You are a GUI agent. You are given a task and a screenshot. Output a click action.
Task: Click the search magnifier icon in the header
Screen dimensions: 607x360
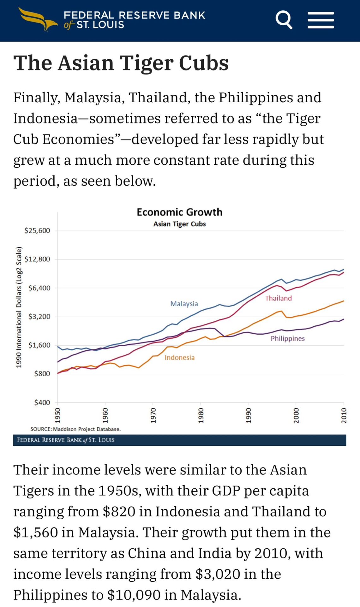click(284, 20)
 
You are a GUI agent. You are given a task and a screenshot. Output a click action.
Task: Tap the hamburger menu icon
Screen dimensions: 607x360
click(321, 20)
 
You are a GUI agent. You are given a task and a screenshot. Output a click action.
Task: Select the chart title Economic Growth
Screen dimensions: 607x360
click(179, 212)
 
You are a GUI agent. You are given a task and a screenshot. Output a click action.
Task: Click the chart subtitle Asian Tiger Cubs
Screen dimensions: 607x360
click(179, 224)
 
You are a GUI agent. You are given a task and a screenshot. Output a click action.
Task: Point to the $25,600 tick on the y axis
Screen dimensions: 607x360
click(37, 231)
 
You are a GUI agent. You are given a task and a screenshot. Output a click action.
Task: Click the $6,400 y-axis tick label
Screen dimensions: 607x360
click(39, 288)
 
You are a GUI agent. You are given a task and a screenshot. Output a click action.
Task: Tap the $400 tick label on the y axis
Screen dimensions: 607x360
click(42, 402)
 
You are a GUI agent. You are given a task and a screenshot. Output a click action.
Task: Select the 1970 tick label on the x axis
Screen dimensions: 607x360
click(153, 415)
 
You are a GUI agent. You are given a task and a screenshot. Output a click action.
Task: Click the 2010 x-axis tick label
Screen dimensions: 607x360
click(344, 415)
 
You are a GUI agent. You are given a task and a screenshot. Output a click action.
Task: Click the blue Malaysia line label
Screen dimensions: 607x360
click(184, 304)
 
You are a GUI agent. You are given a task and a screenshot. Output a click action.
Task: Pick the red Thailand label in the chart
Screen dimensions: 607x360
click(278, 298)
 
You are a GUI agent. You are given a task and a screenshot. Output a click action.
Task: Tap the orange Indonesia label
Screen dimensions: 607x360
click(179, 358)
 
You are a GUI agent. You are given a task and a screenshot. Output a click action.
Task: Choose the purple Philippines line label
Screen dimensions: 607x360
click(287, 338)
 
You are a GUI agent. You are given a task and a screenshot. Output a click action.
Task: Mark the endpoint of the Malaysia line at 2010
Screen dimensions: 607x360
click(344, 269)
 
